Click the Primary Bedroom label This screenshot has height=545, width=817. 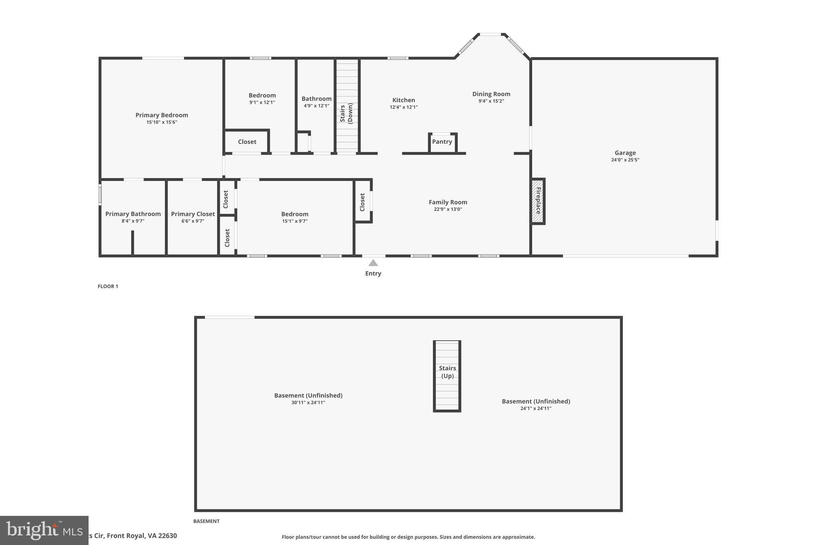tap(162, 115)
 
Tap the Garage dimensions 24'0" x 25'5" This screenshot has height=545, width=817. tap(625, 160)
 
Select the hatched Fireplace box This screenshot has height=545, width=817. tap(538, 201)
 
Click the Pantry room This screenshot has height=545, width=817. tap(442, 142)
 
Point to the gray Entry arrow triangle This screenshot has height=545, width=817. tap(373, 263)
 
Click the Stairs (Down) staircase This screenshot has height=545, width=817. tap(347, 106)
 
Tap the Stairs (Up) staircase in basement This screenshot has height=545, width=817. tap(447, 375)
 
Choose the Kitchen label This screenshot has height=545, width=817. tap(404, 100)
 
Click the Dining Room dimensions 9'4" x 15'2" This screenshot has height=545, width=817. tap(491, 101)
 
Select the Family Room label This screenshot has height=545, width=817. tap(448, 202)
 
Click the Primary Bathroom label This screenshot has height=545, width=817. tap(133, 214)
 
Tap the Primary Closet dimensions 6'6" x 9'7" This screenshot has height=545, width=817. tap(193, 221)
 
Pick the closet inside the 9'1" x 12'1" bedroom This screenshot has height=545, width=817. tap(247, 142)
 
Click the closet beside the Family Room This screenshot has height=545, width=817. tap(362, 202)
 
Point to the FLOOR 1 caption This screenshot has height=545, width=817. tap(108, 286)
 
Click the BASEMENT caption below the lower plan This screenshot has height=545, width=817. tap(206, 521)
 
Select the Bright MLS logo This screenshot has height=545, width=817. tap(44, 530)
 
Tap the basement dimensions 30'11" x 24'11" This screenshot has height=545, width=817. tap(308, 402)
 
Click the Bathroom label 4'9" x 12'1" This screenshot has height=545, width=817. tap(316, 99)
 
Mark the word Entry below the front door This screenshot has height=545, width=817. tap(373, 273)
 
